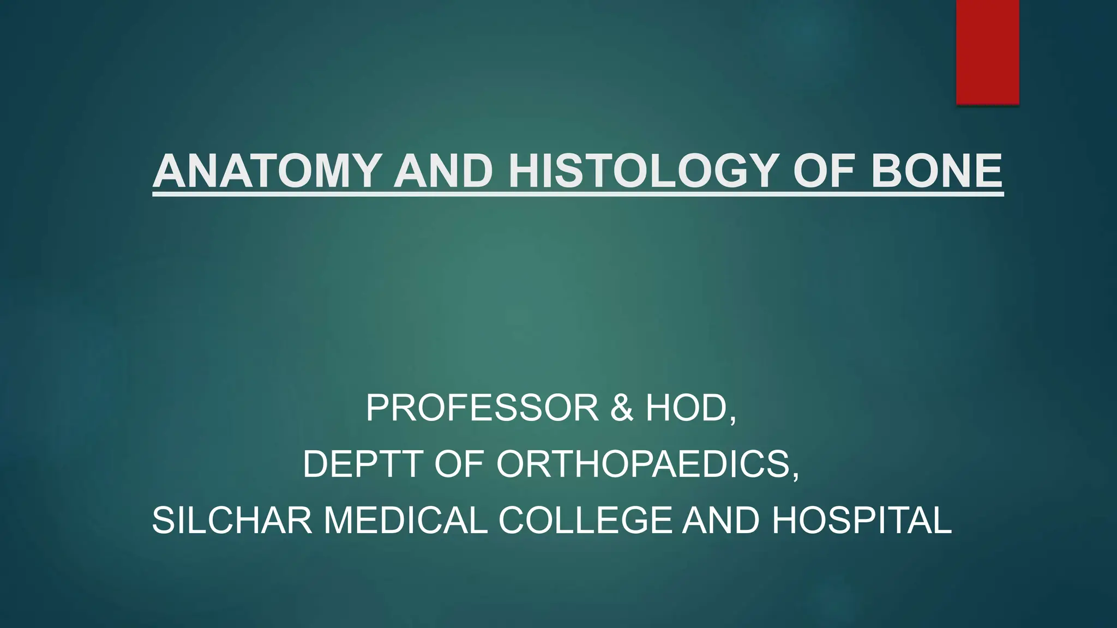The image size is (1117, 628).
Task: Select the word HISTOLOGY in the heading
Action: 641,171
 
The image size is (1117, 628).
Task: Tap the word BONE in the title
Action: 936,171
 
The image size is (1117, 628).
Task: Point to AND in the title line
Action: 443,171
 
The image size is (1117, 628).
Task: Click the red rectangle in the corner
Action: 987,52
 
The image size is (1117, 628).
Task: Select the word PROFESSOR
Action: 482,408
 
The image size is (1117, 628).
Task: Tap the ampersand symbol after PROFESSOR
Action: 622,408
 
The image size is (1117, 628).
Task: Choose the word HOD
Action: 686,408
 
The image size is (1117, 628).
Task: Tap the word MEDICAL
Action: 405,520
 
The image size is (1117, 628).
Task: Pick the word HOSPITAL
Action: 862,520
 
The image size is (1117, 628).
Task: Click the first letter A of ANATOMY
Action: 170,171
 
